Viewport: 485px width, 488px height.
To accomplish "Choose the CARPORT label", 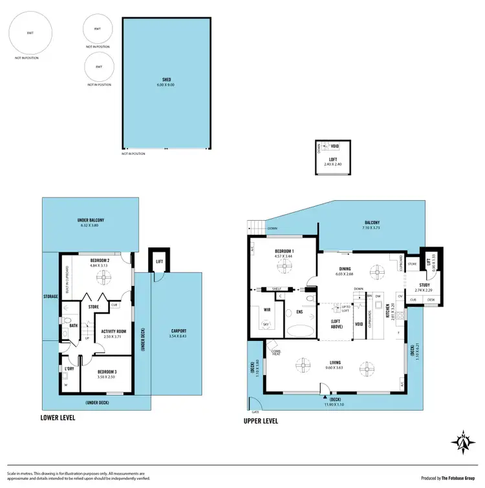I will [x=177, y=325].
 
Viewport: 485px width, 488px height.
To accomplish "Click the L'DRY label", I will [x=69, y=368].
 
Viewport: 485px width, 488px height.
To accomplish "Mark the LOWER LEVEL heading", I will [x=58, y=418].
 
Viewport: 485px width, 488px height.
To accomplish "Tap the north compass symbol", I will [x=463, y=443].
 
